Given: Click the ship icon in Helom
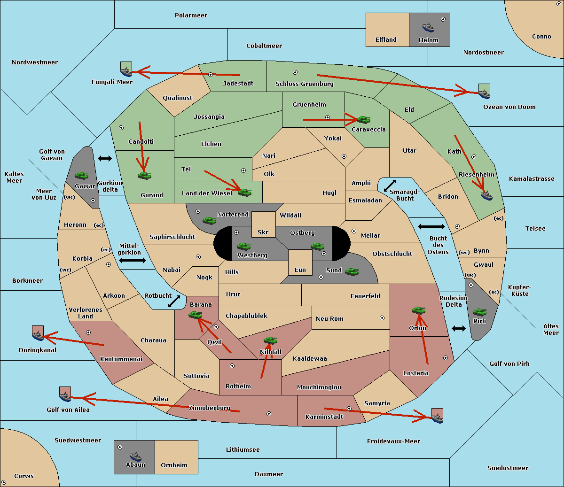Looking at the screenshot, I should pyautogui.click(x=428, y=27).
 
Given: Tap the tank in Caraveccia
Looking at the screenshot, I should pyautogui.click(x=363, y=120).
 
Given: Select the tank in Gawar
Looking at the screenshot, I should pyautogui.click(x=81, y=176).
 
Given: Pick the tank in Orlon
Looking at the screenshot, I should pyautogui.click(x=418, y=310).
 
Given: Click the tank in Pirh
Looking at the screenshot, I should pyautogui.click(x=479, y=312).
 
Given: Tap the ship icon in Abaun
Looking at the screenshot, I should pyautogui.click(x=135, y=456).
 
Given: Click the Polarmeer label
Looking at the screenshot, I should pyautogui.click(x=191, y=15).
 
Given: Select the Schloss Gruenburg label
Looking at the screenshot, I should pyautogui.click(x=304, y=84).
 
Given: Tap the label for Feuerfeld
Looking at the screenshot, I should pyautogui.click(x=365, y=296).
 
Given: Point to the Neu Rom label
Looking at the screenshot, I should pyautogui.click(x=329, y=319).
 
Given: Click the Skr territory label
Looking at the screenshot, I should pyautogui.click(x=263, y=232).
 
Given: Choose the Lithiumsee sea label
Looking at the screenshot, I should pyautogui.click(x=243, y=450).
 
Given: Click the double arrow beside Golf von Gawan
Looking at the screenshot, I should pyautogui.click(x=105, y=159).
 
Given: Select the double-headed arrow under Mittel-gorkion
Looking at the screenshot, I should pyautogui.click(x=133, y=261).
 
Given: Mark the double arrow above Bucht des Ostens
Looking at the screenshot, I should pyautogui.click(x=431, y=227).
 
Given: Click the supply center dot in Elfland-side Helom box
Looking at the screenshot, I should pyautogui.click(x=443, y=19).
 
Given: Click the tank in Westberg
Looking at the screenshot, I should pyautogui.click(x=243, y=246).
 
